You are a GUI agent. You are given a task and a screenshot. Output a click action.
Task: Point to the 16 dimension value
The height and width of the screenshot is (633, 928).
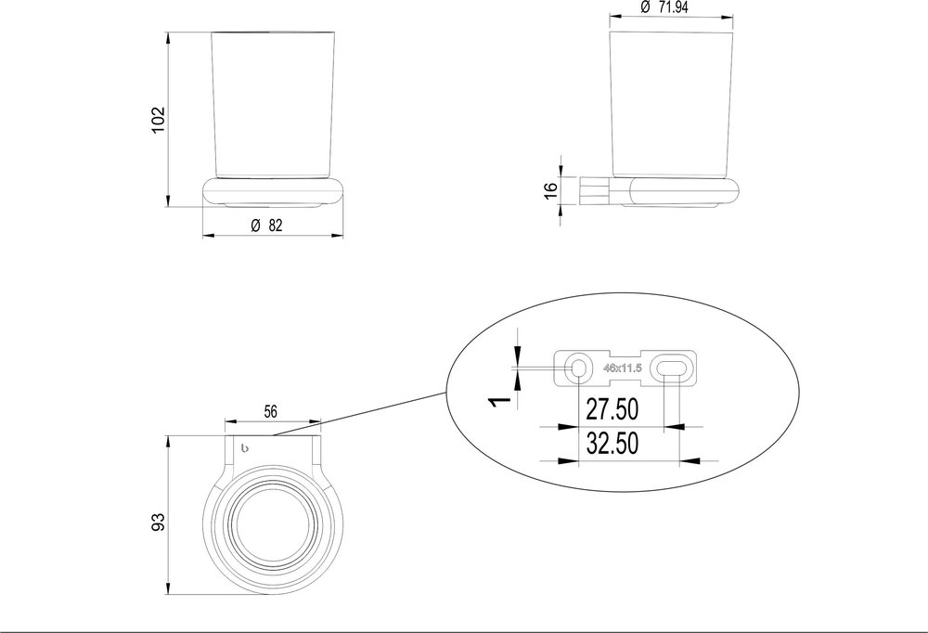click(x=550, y=190)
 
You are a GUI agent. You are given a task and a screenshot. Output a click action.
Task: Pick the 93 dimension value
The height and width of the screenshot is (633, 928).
click(x=157, y=521)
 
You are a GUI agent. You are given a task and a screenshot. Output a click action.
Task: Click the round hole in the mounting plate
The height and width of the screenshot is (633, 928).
click(x=578, y=368)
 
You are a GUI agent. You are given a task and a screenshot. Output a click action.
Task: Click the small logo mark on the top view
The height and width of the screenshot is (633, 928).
click(x=245, y=450)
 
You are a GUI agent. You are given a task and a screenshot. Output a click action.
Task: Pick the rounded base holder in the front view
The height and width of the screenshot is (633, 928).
click(x=275, y=191)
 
